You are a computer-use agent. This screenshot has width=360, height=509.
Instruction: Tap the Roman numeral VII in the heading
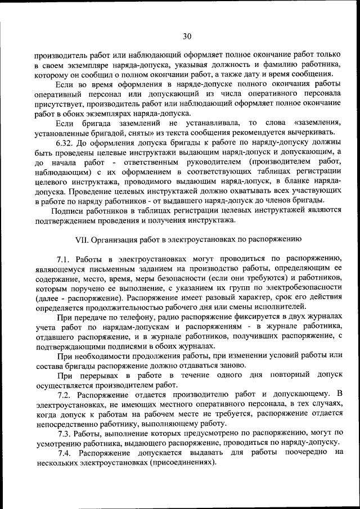coord(82,239)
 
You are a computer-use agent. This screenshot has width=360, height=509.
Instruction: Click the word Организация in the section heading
coord(114,239)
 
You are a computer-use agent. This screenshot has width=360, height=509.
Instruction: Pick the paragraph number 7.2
coord(65,395)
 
